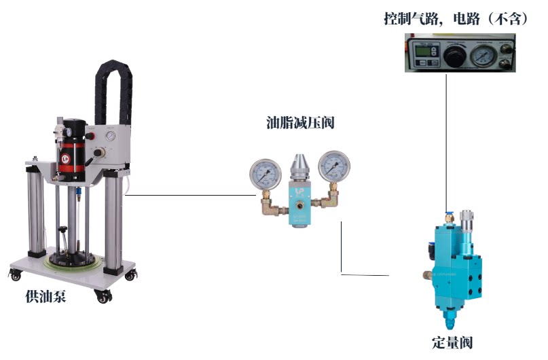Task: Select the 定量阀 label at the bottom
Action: [451, 342]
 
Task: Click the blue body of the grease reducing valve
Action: [299, 204]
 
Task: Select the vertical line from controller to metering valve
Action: [446, 136]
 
